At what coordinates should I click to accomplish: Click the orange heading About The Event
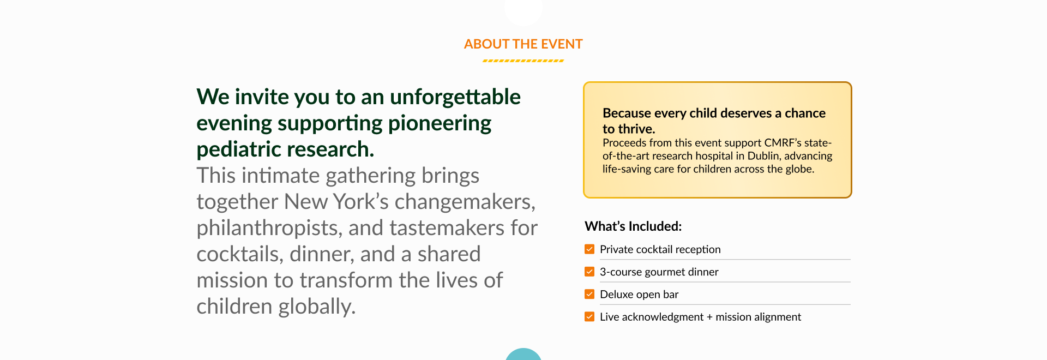pyautogui.click(x=523, y=44)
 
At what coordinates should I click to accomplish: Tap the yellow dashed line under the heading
pyautogui.click(x=523, y=61)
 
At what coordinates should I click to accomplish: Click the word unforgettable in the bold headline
pyautogui.click(x=455, y=97)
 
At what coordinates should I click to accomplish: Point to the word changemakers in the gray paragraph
pyautogui.click(x=465, y=202)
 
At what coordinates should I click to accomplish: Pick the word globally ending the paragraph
pyautogui.click(x=317, y=307)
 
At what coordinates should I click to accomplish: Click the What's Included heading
pyautogui.click(x=633, y=226)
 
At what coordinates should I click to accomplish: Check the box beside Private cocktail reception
pyautogui.click(x=589, y=249)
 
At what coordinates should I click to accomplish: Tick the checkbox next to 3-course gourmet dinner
pyautogui.click(x=589, y=272)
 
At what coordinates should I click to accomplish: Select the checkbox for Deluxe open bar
pyautogui.click(x=589, y=294)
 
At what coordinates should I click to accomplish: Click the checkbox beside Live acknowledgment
pyautogui.click(x=589, y=316)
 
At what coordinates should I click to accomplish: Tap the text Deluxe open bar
pyautogui.click(x=639, y=295)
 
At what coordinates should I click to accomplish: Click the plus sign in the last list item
pyautogui.click(x=709, y=317)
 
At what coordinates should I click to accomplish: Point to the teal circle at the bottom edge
pyautogui.click(x=523, y=355)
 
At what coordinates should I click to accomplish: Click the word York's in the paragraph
pyautogui.click(x=360, y=202)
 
